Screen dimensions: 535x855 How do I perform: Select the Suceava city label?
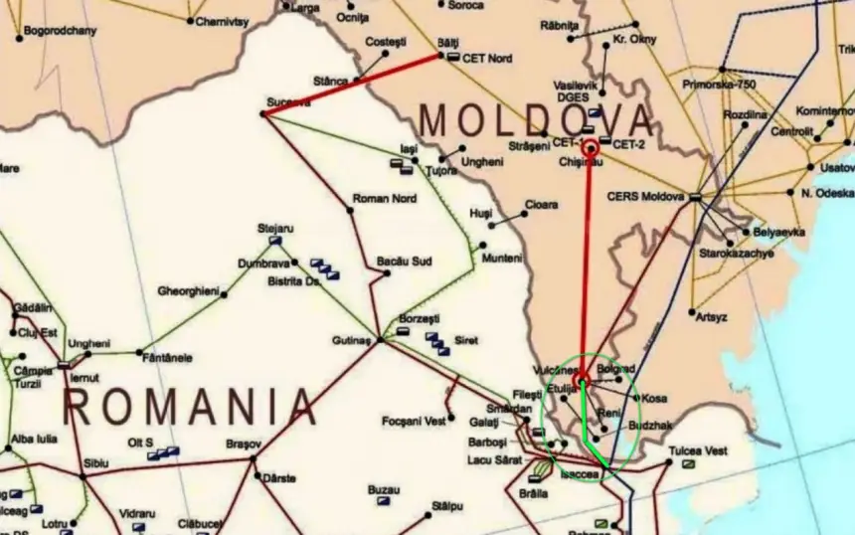pos(288,101)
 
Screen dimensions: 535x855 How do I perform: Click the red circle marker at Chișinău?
pos(590,148)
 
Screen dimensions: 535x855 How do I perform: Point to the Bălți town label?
pos(450,43)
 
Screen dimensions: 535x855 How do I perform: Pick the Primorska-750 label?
pos(719,85)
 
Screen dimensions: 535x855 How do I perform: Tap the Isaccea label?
pos(580,474)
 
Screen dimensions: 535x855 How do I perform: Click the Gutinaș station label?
pos(351,340)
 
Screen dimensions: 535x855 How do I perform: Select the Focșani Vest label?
pos(414,421)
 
